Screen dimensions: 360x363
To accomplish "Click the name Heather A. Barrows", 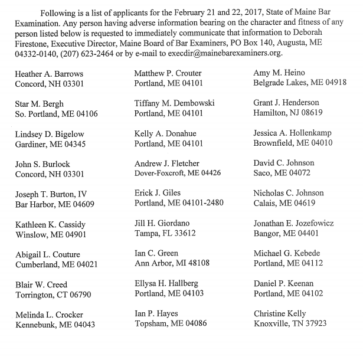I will pos(49,73).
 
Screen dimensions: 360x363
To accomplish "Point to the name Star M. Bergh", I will pos(41,104).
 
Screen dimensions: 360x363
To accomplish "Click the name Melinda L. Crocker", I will pos(50,314).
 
